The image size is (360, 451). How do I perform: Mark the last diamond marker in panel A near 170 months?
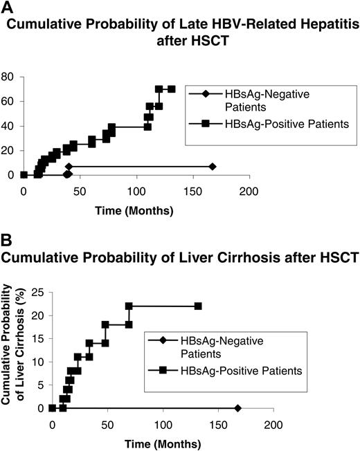[213, 167]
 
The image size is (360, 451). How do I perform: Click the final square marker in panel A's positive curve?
[171, 89]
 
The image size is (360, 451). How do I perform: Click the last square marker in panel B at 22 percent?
[198, 306]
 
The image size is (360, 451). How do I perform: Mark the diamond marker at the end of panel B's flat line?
[238, 408]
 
